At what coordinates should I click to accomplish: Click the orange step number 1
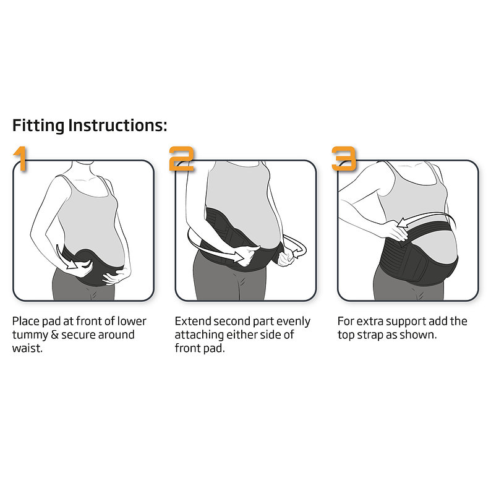tap(21, 158)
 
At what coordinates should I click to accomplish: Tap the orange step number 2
tap(181, 158)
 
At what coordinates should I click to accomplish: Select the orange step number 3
tap(344, 158)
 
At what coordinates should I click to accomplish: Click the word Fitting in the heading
tap(38, 126)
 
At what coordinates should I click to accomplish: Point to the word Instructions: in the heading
tap(117, 126)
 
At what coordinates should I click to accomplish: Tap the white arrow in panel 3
tap(427, 219)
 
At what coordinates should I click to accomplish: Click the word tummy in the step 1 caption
tap(30, 335)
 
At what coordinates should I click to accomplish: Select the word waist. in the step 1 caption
tap(27, 348)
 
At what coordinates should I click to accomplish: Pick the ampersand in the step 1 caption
tap(54, 335)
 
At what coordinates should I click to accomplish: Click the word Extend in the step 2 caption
tap(192, 322)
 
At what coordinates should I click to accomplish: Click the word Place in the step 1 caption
tap(26, 322)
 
